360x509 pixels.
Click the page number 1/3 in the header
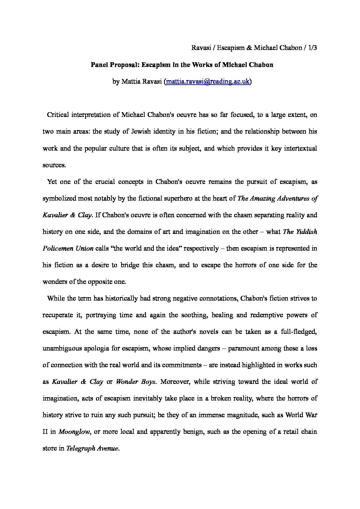coord(311,48)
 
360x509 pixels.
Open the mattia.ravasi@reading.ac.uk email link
coord(208,82)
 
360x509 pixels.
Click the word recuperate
coord(58,315)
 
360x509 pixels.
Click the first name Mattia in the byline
coord(131,82)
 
